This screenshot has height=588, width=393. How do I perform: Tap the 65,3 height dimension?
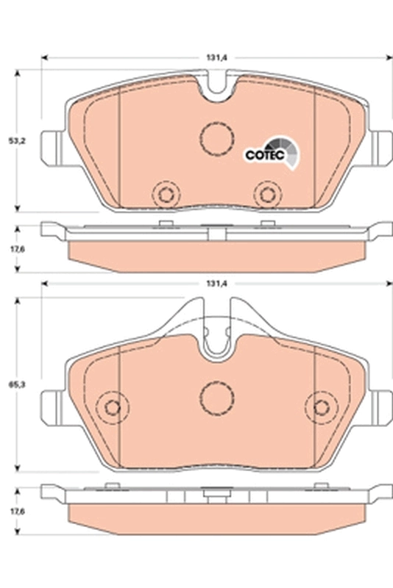(x=12, y=383)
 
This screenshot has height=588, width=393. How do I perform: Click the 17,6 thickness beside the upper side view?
(x=12, y=248)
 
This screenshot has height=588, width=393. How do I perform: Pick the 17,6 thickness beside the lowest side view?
(x=12, y=515)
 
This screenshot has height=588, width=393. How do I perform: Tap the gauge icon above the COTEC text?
(x=283, y=149)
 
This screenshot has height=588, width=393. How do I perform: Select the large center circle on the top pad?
(x=216, y=136)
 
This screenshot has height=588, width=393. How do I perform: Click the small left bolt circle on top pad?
(x=165, y=194)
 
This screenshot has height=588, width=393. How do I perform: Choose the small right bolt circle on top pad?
(x=267, y=194)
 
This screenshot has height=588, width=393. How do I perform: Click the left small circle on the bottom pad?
(x=113, y=407)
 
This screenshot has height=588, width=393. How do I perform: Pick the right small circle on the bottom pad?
(x=321, y=407)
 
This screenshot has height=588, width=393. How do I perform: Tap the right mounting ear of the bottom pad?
(x=380, y=405)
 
